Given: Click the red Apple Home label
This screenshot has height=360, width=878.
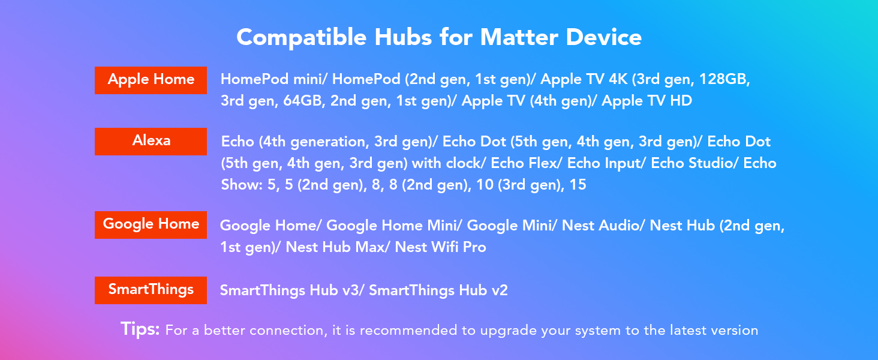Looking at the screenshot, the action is tap(151, 80).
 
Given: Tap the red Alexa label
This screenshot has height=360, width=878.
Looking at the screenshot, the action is tap(151, 142).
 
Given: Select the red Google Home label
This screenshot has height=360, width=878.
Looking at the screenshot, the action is tap(151, 225).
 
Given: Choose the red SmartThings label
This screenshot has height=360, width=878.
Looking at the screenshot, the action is tap(151, 290).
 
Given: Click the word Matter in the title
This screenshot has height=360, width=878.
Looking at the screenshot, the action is tap(519, 38).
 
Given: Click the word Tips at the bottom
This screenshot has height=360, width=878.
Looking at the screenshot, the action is tap(140, 329).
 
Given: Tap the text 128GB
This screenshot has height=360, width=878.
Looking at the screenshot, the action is tap(724, 80).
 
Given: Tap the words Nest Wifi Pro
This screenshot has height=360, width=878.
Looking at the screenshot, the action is tap(441, 247).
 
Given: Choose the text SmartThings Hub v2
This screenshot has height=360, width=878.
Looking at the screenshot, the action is tap(438, 290).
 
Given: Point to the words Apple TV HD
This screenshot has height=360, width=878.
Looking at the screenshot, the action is tap(647, 101).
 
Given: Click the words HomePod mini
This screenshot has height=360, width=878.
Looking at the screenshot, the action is tap(272, 80).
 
